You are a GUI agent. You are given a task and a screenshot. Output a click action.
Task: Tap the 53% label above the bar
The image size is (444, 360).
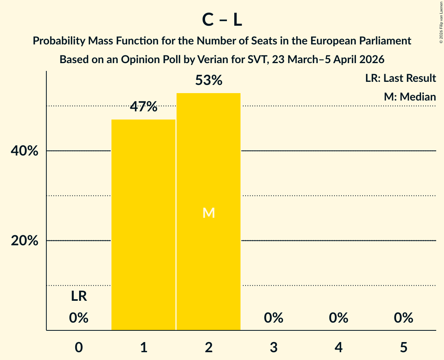point(209,81)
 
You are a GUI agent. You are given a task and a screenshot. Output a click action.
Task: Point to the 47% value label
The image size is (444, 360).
point(143,107)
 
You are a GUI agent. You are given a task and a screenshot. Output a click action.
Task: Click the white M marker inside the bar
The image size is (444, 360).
point(209,213)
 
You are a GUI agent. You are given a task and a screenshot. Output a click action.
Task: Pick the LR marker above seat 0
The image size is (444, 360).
point(79,296)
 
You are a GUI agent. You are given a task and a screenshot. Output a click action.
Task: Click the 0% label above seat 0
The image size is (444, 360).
point(79,318)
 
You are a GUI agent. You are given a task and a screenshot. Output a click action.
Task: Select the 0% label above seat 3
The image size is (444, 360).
point(273,318)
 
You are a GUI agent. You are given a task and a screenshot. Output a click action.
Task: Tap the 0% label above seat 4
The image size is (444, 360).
point(338,318)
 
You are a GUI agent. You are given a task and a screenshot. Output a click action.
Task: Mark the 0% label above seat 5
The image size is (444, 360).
point(403,318)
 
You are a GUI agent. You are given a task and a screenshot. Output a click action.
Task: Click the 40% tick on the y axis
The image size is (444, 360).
point(25,151)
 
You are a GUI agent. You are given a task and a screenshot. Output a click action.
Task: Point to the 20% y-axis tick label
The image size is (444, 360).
point(25,241)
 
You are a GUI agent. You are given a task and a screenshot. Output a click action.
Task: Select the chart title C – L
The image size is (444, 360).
point(222,20)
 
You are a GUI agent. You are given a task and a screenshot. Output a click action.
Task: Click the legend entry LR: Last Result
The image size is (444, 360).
point(400,78)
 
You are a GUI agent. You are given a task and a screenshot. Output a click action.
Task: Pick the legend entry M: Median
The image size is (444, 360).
point(410,97)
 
